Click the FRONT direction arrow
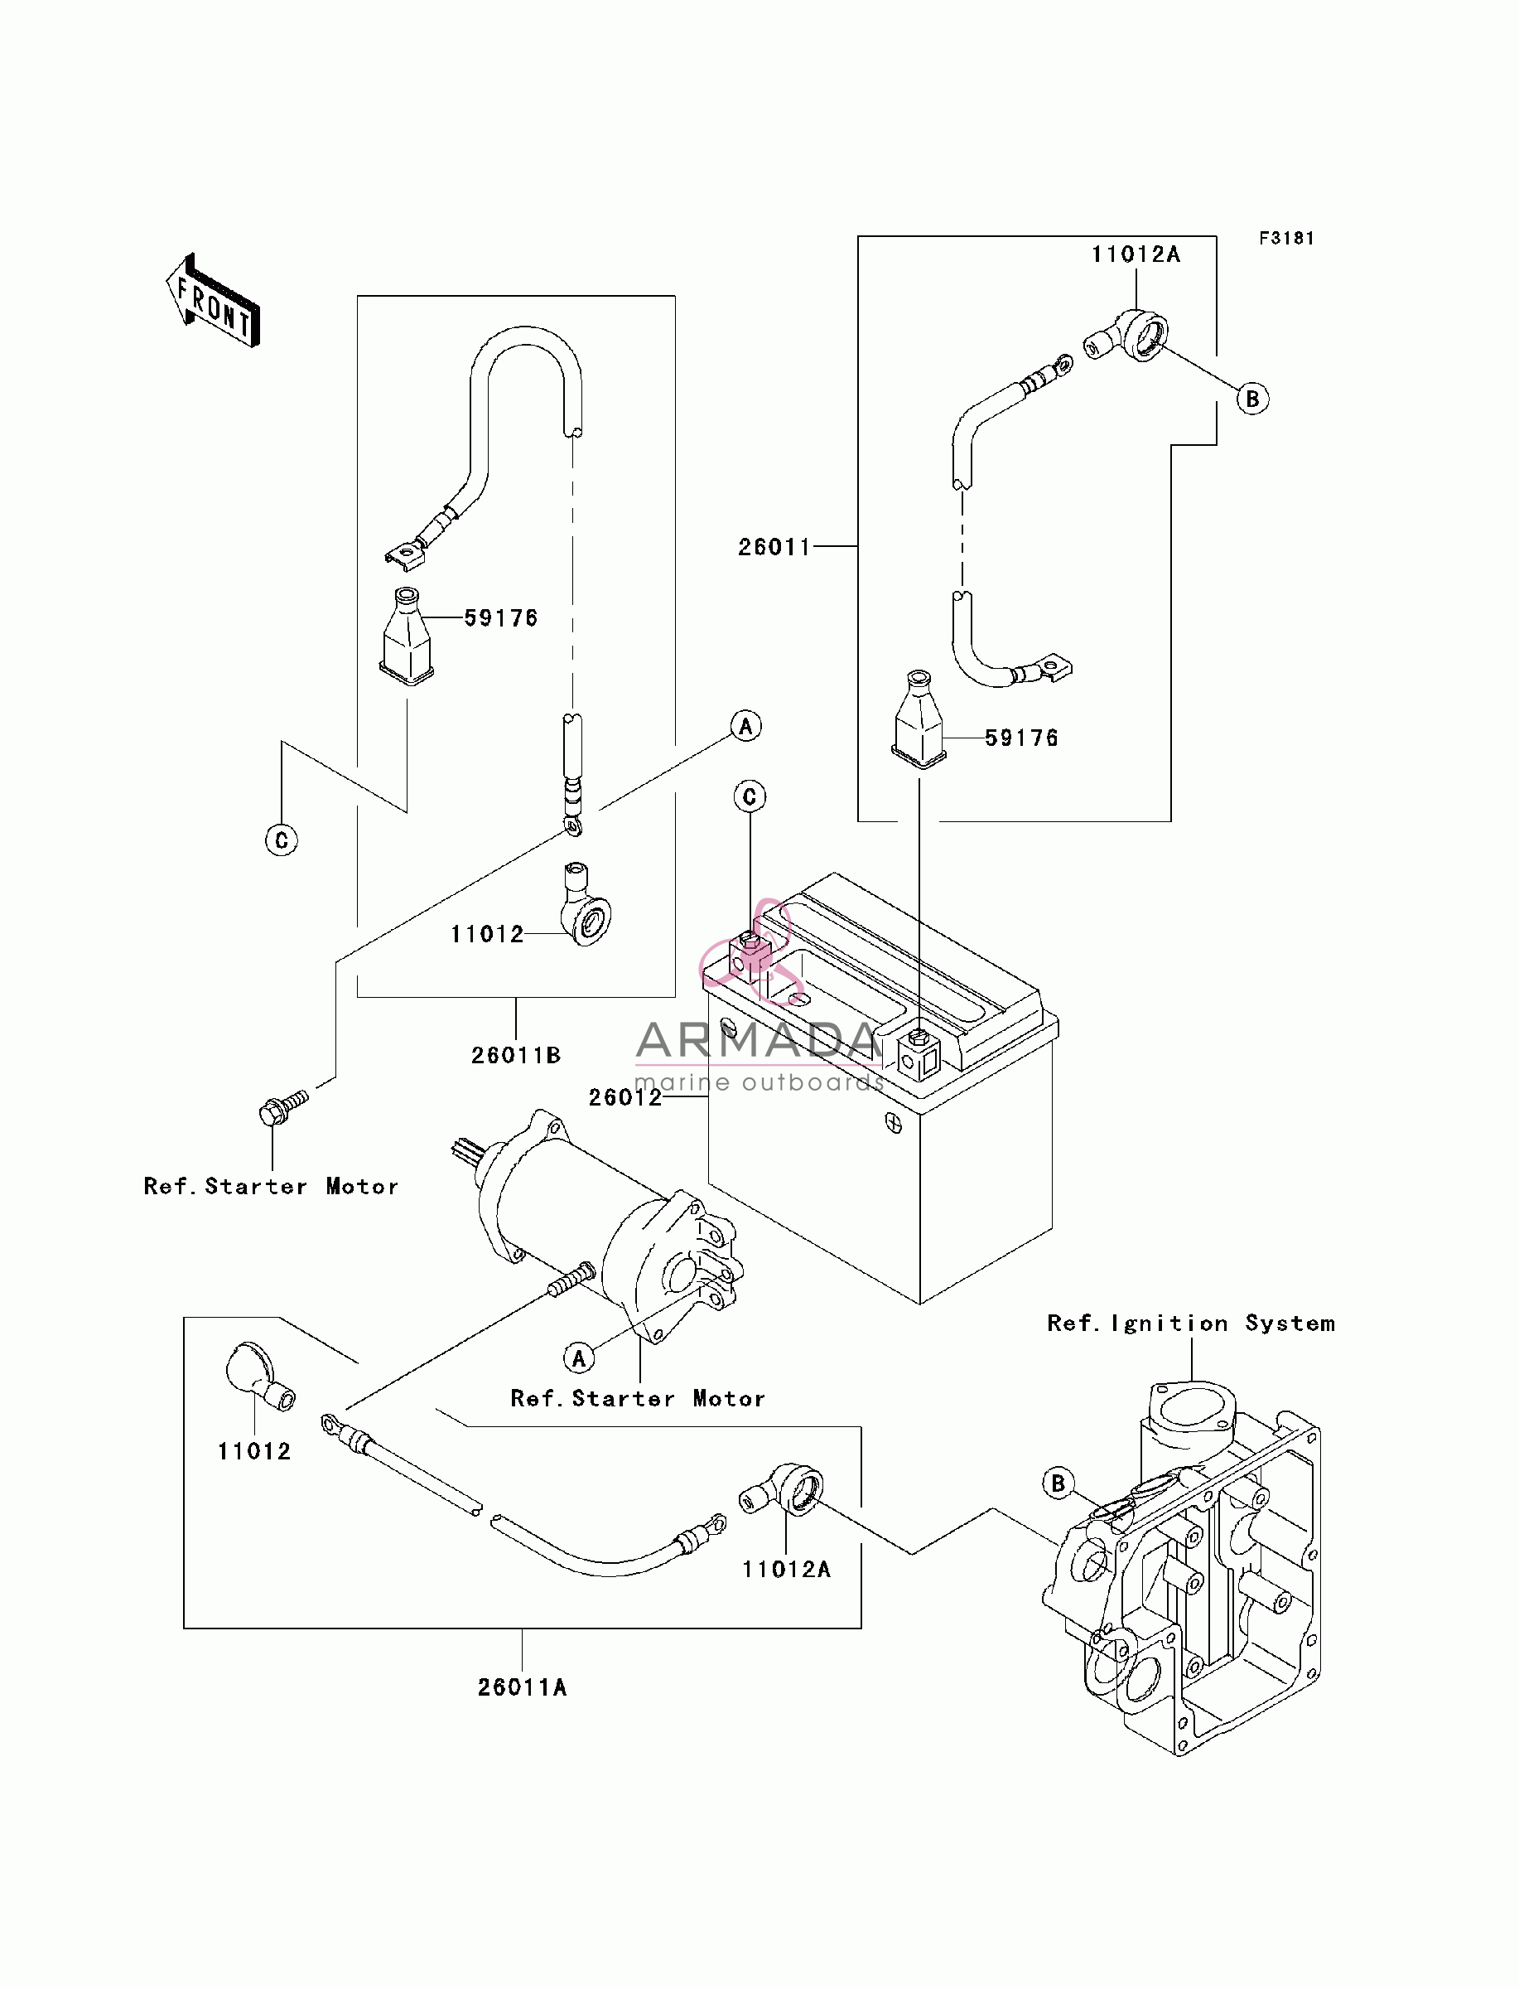click(213, 300)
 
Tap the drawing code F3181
click(1286, 238)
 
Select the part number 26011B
click(516, 1055)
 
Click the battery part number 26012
click(624, 1097)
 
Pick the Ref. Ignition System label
click(1191, 1324)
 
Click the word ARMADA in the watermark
click(758, 1040)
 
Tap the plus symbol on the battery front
click(894, 1125)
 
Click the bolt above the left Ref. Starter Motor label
click(283, 1108)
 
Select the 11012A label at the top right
click(1136, 254)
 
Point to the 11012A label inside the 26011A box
click(786, 1570)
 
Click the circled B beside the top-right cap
click(1252, 399)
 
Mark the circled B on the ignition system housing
click(1058, 1483)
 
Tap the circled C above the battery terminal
click(750, 797)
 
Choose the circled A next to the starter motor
click(579, 1357)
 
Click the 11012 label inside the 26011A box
click(254, 1452)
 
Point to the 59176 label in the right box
click(1020, 738)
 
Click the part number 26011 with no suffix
click(774, 546)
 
